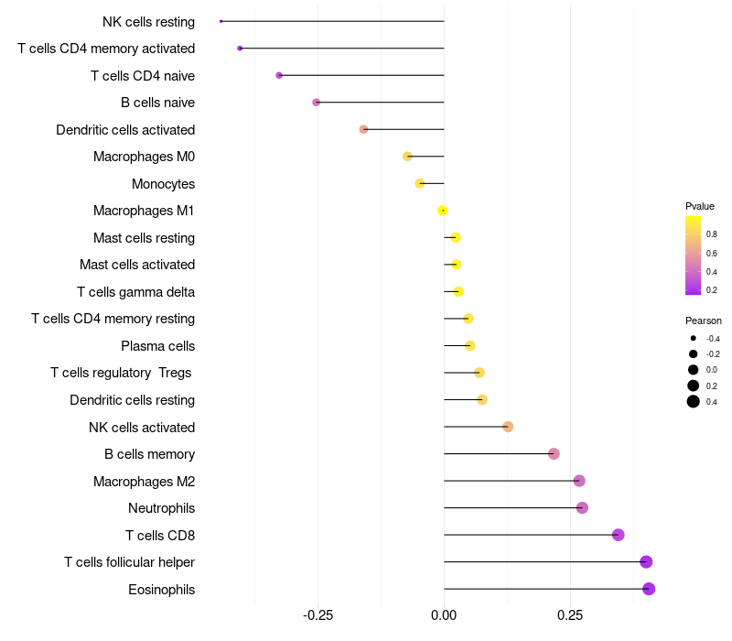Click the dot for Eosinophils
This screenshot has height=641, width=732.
click(x=649, y=589)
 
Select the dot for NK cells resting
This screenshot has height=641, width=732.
click(x=221, y=21)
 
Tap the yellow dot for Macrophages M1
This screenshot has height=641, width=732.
click(x=443, y=211)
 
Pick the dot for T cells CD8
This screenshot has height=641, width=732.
click(x=619, y=535)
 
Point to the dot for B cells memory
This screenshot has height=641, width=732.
click(x=554, y=454)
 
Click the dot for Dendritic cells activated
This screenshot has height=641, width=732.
click(x=363, y=129)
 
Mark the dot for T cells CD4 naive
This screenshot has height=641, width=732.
click(x=279, y=75)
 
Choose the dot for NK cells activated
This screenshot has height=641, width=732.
click(x=508, y=427)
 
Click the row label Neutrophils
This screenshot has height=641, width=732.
click(x=161, y=508)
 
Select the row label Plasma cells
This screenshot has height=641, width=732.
click(x=157, y=346)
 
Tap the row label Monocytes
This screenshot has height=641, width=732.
click(x=163, y=184)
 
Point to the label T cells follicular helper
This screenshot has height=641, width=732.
click(x=129, y=562)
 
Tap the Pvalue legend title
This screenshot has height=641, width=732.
click(x=700, y=206)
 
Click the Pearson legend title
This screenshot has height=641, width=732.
click(x=704, y=320)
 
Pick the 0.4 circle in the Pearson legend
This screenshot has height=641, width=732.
click(x=694, y=401)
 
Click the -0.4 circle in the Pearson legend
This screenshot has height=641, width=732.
click(x=694, y=339)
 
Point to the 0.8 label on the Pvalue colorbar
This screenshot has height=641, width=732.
click(x=712, y=234)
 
